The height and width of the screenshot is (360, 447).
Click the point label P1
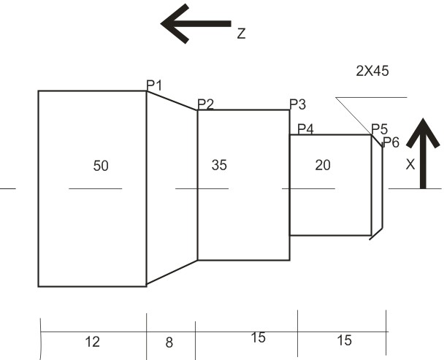[154, 85]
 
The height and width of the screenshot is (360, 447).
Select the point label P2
[205, 104]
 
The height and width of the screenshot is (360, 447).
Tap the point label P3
[297, 104]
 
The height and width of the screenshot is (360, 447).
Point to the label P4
[305, 129]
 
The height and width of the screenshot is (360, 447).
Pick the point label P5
[379, 129]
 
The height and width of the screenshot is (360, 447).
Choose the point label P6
[391, 142]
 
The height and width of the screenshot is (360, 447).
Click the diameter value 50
[101, 166]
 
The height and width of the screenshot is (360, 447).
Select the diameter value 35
[219, 165]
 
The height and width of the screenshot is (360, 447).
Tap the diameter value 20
[322, 165]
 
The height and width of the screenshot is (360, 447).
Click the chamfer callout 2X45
[372, 71]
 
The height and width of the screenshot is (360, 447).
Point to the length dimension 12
[92, 341]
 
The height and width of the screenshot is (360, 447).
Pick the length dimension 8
[169, 341]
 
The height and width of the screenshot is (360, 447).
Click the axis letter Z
[241, 34]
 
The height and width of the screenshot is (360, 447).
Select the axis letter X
[410, 166]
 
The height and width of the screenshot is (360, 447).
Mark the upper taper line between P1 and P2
[172, 101]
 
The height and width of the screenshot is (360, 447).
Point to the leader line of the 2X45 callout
[354, 115]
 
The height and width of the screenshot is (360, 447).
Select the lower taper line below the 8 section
[172, 272]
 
